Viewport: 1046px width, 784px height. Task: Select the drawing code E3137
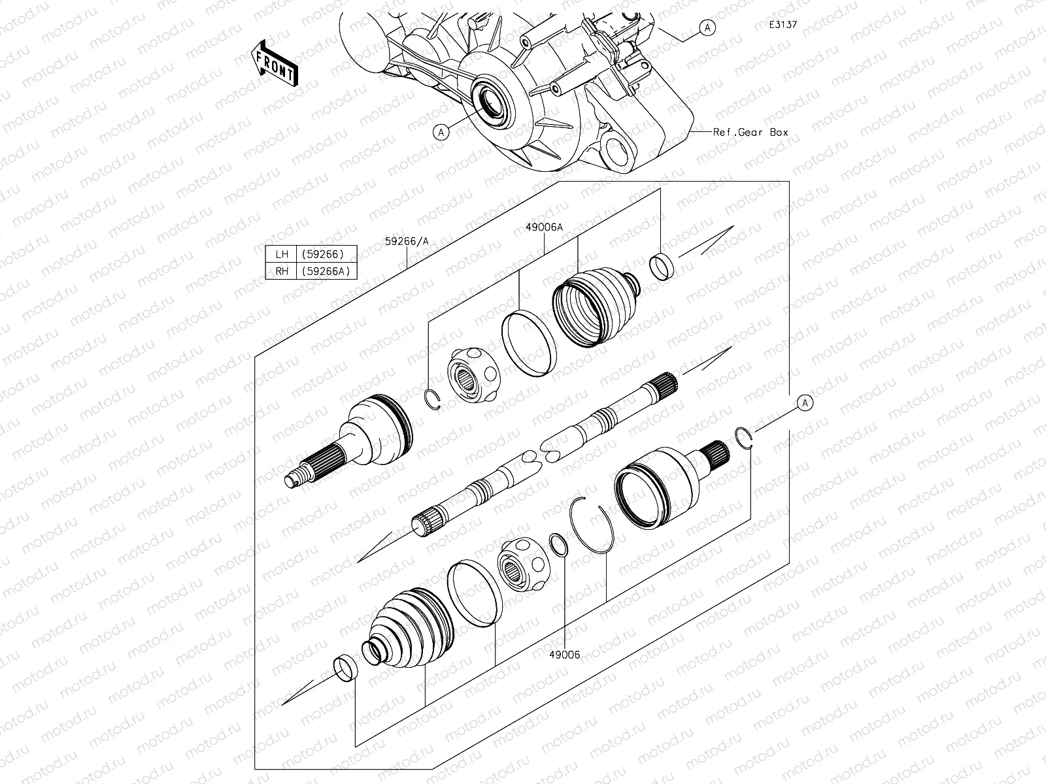(x=783, y=24)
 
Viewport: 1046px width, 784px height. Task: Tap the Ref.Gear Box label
(x=751, y=132)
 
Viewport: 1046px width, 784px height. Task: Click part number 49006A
(x=544, y=227)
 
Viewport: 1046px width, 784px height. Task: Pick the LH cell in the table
(x=282, y=254)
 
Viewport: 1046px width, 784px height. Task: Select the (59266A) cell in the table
(x=327, y=271)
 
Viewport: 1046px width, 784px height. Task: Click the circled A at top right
(x=707, y=27)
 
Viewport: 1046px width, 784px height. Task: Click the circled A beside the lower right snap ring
(x=805, y=403)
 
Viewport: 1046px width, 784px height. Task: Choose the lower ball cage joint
(x=524, y=564)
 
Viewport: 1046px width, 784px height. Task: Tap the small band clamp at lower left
(x=346, y=668)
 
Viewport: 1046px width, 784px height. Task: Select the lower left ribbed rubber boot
(x=409, y=629)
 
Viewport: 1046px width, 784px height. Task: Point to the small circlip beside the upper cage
(x=433, y=399)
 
